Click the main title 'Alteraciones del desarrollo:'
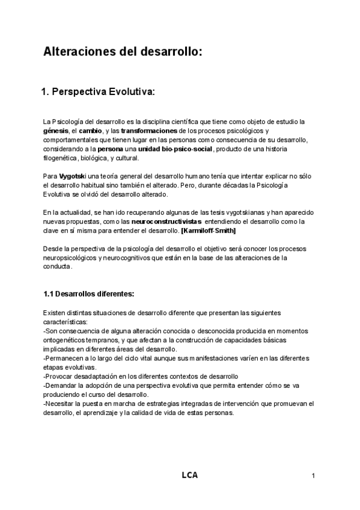coord(123,52)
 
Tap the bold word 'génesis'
coord(55,131)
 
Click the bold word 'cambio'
coord(90,131)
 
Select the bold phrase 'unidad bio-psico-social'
coord(175,149)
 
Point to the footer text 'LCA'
coord(189,476)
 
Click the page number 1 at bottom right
coord(314,476)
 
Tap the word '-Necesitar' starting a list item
coord(59,404)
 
